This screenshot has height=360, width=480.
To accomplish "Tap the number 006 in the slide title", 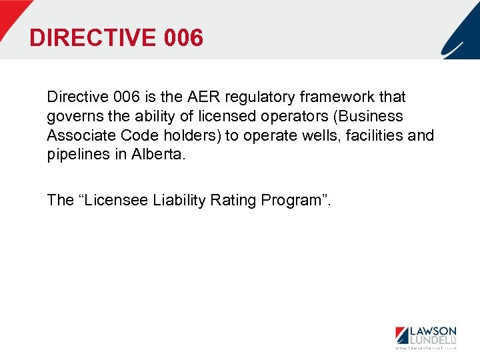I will pos(181,37).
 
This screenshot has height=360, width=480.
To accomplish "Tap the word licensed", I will pos(207,117).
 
